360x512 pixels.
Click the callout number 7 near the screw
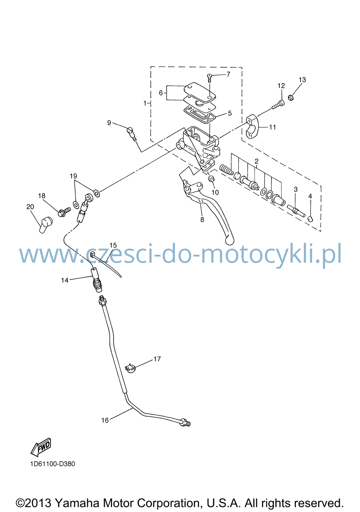228,74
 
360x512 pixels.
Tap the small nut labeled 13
291,98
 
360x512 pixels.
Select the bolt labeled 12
278,105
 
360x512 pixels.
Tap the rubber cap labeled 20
46,225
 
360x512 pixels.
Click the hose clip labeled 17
131,368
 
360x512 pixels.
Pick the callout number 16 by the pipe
105,420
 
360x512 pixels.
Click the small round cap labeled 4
310,219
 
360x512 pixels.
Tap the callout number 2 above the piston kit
256,161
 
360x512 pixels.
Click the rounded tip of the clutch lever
229,240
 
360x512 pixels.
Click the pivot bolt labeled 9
131,135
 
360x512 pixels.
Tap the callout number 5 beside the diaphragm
230,113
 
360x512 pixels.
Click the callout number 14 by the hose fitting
65,280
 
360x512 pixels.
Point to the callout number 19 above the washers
73,176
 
